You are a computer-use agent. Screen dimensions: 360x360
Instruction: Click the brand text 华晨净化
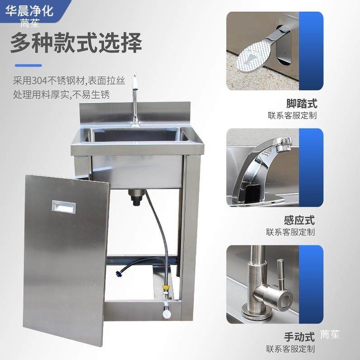click(29, 10)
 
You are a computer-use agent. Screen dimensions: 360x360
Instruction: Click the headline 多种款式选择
click(76, 43)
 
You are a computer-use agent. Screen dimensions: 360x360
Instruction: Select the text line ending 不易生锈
click(61, 95)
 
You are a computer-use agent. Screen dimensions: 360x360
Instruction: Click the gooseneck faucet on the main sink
click(134, 97)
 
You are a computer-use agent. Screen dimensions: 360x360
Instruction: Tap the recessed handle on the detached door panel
click(63, 207)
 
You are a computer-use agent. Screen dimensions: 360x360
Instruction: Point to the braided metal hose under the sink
click(161, 235)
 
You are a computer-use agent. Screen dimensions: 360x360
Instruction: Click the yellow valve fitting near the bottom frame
click(166, 287)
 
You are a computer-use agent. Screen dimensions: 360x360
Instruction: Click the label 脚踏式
click(302, 103)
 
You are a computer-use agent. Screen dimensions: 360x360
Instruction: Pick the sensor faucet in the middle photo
click(260, 167)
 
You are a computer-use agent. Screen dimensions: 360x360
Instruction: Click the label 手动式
click(299, 337)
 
